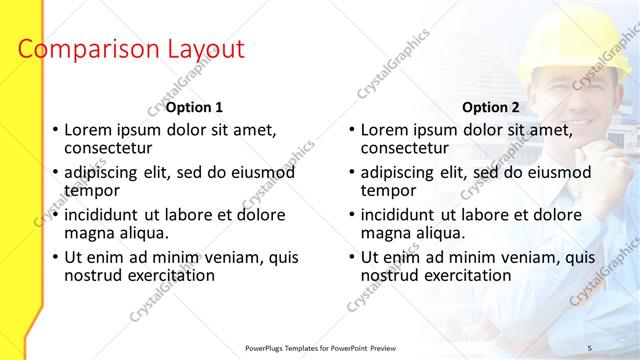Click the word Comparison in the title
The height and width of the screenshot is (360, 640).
click(x=82, y=49)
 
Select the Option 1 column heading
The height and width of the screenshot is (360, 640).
click(x=194, y=107)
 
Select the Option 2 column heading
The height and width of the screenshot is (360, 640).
click(x=491, y=107)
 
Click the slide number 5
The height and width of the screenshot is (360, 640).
click(x=589, y=347)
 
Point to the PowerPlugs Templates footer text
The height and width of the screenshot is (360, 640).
click(x=320, y=347)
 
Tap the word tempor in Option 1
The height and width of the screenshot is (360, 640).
click(x=91, y=190)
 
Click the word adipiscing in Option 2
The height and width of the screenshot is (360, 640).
click(x=404, y=172)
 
